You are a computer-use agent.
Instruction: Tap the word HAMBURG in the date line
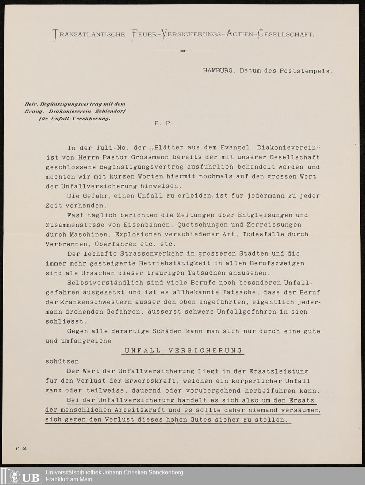point(218,71)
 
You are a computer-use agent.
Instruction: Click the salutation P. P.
point(163,123)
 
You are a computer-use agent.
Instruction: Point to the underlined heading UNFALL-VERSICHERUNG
point(183,351)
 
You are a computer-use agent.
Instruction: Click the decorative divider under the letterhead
point(182,51)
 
